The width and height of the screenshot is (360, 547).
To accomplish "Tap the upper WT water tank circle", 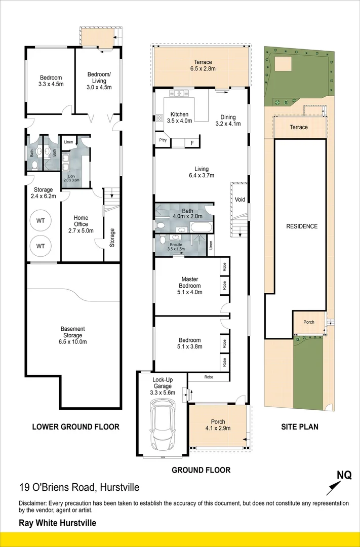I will click(x=41, y=220).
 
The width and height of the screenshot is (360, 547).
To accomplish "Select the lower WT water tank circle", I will click(x=41, y=246).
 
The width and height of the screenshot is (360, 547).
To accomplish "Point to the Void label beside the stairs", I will click(x=240, y=200).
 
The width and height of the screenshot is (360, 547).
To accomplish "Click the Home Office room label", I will click(x=81, y=221).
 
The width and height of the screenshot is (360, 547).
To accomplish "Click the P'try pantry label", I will click(x=163, y=140).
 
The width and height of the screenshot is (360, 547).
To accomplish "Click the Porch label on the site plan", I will click(x=308, y=322).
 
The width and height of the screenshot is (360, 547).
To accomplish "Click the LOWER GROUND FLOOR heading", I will click(x=75, y=426).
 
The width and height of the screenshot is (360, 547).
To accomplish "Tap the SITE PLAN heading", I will click(x=300, y=426).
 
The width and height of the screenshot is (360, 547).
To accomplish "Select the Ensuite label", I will click(x=177, y=245).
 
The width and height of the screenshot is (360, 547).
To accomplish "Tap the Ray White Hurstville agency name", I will click(x=57, y=523).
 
